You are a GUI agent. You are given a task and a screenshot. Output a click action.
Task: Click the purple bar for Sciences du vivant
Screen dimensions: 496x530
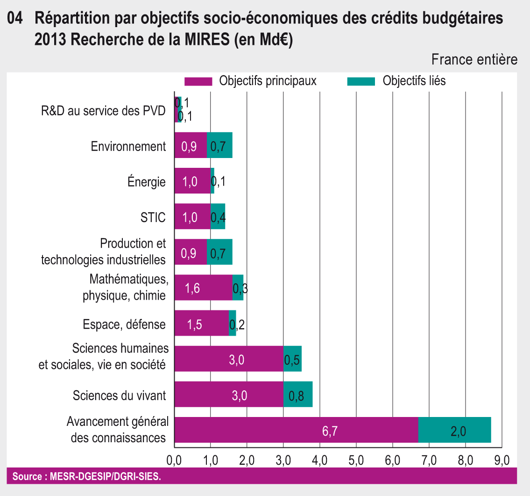click(x=229, y=394)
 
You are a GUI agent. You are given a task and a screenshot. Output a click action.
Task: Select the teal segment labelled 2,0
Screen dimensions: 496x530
click(x=454, y=430)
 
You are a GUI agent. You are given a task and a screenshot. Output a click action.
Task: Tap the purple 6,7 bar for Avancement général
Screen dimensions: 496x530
click(x=296, y=430)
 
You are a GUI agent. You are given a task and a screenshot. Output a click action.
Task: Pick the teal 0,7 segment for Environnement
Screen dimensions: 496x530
click(x=219, y=145)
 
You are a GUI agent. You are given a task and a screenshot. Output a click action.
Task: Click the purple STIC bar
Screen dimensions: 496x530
click(x=192, y=216)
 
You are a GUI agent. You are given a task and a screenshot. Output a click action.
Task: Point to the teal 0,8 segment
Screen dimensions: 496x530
click(x=298, y=394)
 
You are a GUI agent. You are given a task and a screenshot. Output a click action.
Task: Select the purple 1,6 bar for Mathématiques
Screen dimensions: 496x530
click(x=203, y=288)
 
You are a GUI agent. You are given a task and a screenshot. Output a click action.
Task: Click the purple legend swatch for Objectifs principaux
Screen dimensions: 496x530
click(x=198, y=81)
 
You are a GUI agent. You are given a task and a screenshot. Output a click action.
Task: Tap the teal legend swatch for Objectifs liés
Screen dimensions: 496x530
click(x=361, y=81)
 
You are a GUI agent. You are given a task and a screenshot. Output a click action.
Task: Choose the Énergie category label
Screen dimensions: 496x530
click(x=147, y=182)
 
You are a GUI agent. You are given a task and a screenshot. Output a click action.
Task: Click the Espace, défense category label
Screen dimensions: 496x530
click(x=124, y=324)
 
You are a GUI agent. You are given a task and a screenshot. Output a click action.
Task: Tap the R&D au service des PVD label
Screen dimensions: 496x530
click(x=103, y=111)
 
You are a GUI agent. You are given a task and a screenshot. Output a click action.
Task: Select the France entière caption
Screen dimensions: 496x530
click(x=474, y=60)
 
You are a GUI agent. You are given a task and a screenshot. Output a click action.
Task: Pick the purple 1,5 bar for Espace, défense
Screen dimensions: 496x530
click(x=201, y=323)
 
